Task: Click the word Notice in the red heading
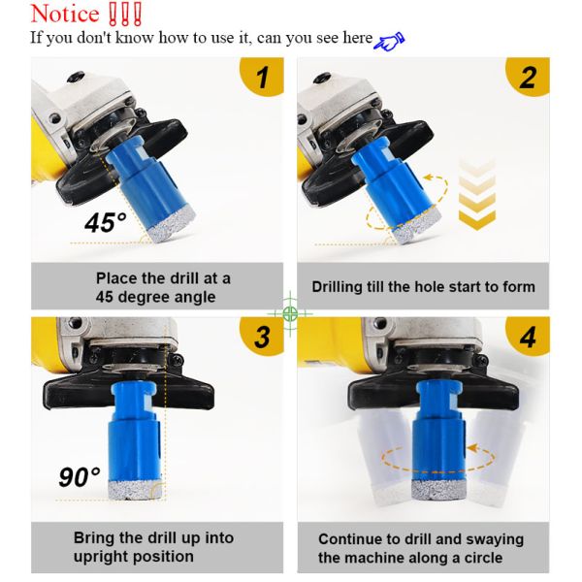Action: tap(65, 14)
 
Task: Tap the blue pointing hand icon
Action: tap(389, 41)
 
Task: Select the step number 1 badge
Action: tap(263, 77)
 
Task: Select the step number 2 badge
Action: tap(529, 78)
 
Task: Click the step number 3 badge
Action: tap(263, 337)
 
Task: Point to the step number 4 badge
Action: tap(529, 337)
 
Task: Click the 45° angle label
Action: tap(105, 223)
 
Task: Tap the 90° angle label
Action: tap(80, 477)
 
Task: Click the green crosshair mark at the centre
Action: tap(290, 313)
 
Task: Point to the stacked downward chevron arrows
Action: tap(477, 194)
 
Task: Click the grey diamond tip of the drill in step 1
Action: tap(172, 225)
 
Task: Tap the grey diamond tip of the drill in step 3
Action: tap(136, 490)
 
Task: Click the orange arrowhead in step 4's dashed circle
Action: tap(471, 448)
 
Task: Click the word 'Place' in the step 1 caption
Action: tap(116, 278)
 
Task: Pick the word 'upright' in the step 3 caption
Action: tap(100, 557)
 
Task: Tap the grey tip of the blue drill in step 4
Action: tap(438, 490)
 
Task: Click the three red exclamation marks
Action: tap(125, 15)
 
